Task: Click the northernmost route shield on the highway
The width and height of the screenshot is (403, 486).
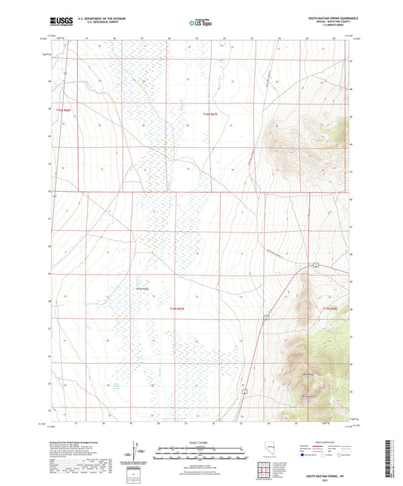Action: [x=318, y=266]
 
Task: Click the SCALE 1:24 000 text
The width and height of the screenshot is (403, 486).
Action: [x=200, y=441]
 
